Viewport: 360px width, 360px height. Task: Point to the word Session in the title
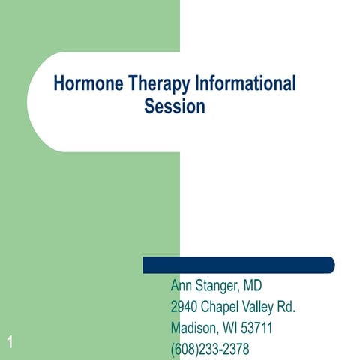point(174,107)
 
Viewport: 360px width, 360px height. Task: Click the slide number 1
point(10,343)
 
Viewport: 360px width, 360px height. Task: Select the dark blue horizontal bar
point(238,265)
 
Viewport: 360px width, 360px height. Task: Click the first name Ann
point(182,286)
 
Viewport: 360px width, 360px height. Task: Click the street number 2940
point(184,307)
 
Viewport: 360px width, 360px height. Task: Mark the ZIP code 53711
point(257,328)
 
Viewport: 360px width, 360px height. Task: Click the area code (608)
point(186,349)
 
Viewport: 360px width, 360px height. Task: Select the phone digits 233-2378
point(226,349)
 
